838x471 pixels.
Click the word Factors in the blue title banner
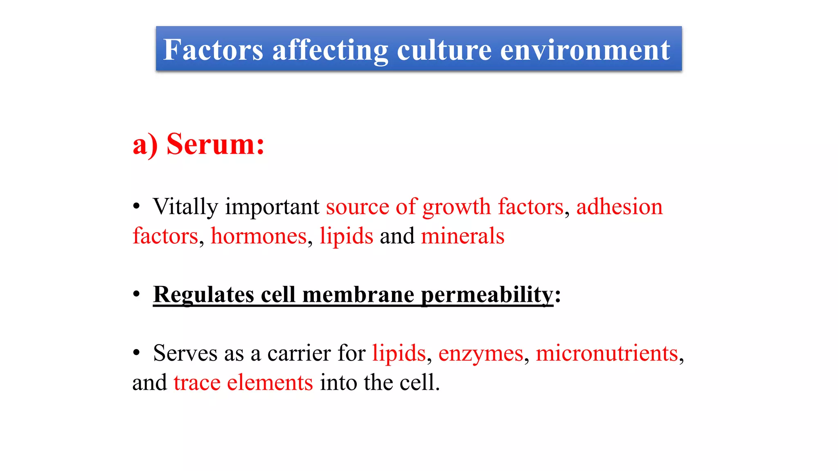coord(213,50)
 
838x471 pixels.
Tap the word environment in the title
coord(585,50)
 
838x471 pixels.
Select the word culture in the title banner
coord(444,50)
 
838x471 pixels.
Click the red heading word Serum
coord(215,144)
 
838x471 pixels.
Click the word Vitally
coord(185,207)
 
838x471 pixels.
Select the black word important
coord(272,207)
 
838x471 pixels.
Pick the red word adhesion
coord(619,207)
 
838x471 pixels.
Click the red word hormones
coord(259,236)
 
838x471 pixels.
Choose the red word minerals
coord(463,236)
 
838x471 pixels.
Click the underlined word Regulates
coord(203,295)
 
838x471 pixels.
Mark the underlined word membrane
coord(358,295)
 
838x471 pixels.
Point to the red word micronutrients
coord(607,353)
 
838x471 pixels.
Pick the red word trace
coord(197,383)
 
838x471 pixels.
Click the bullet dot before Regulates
coord(137,294)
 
